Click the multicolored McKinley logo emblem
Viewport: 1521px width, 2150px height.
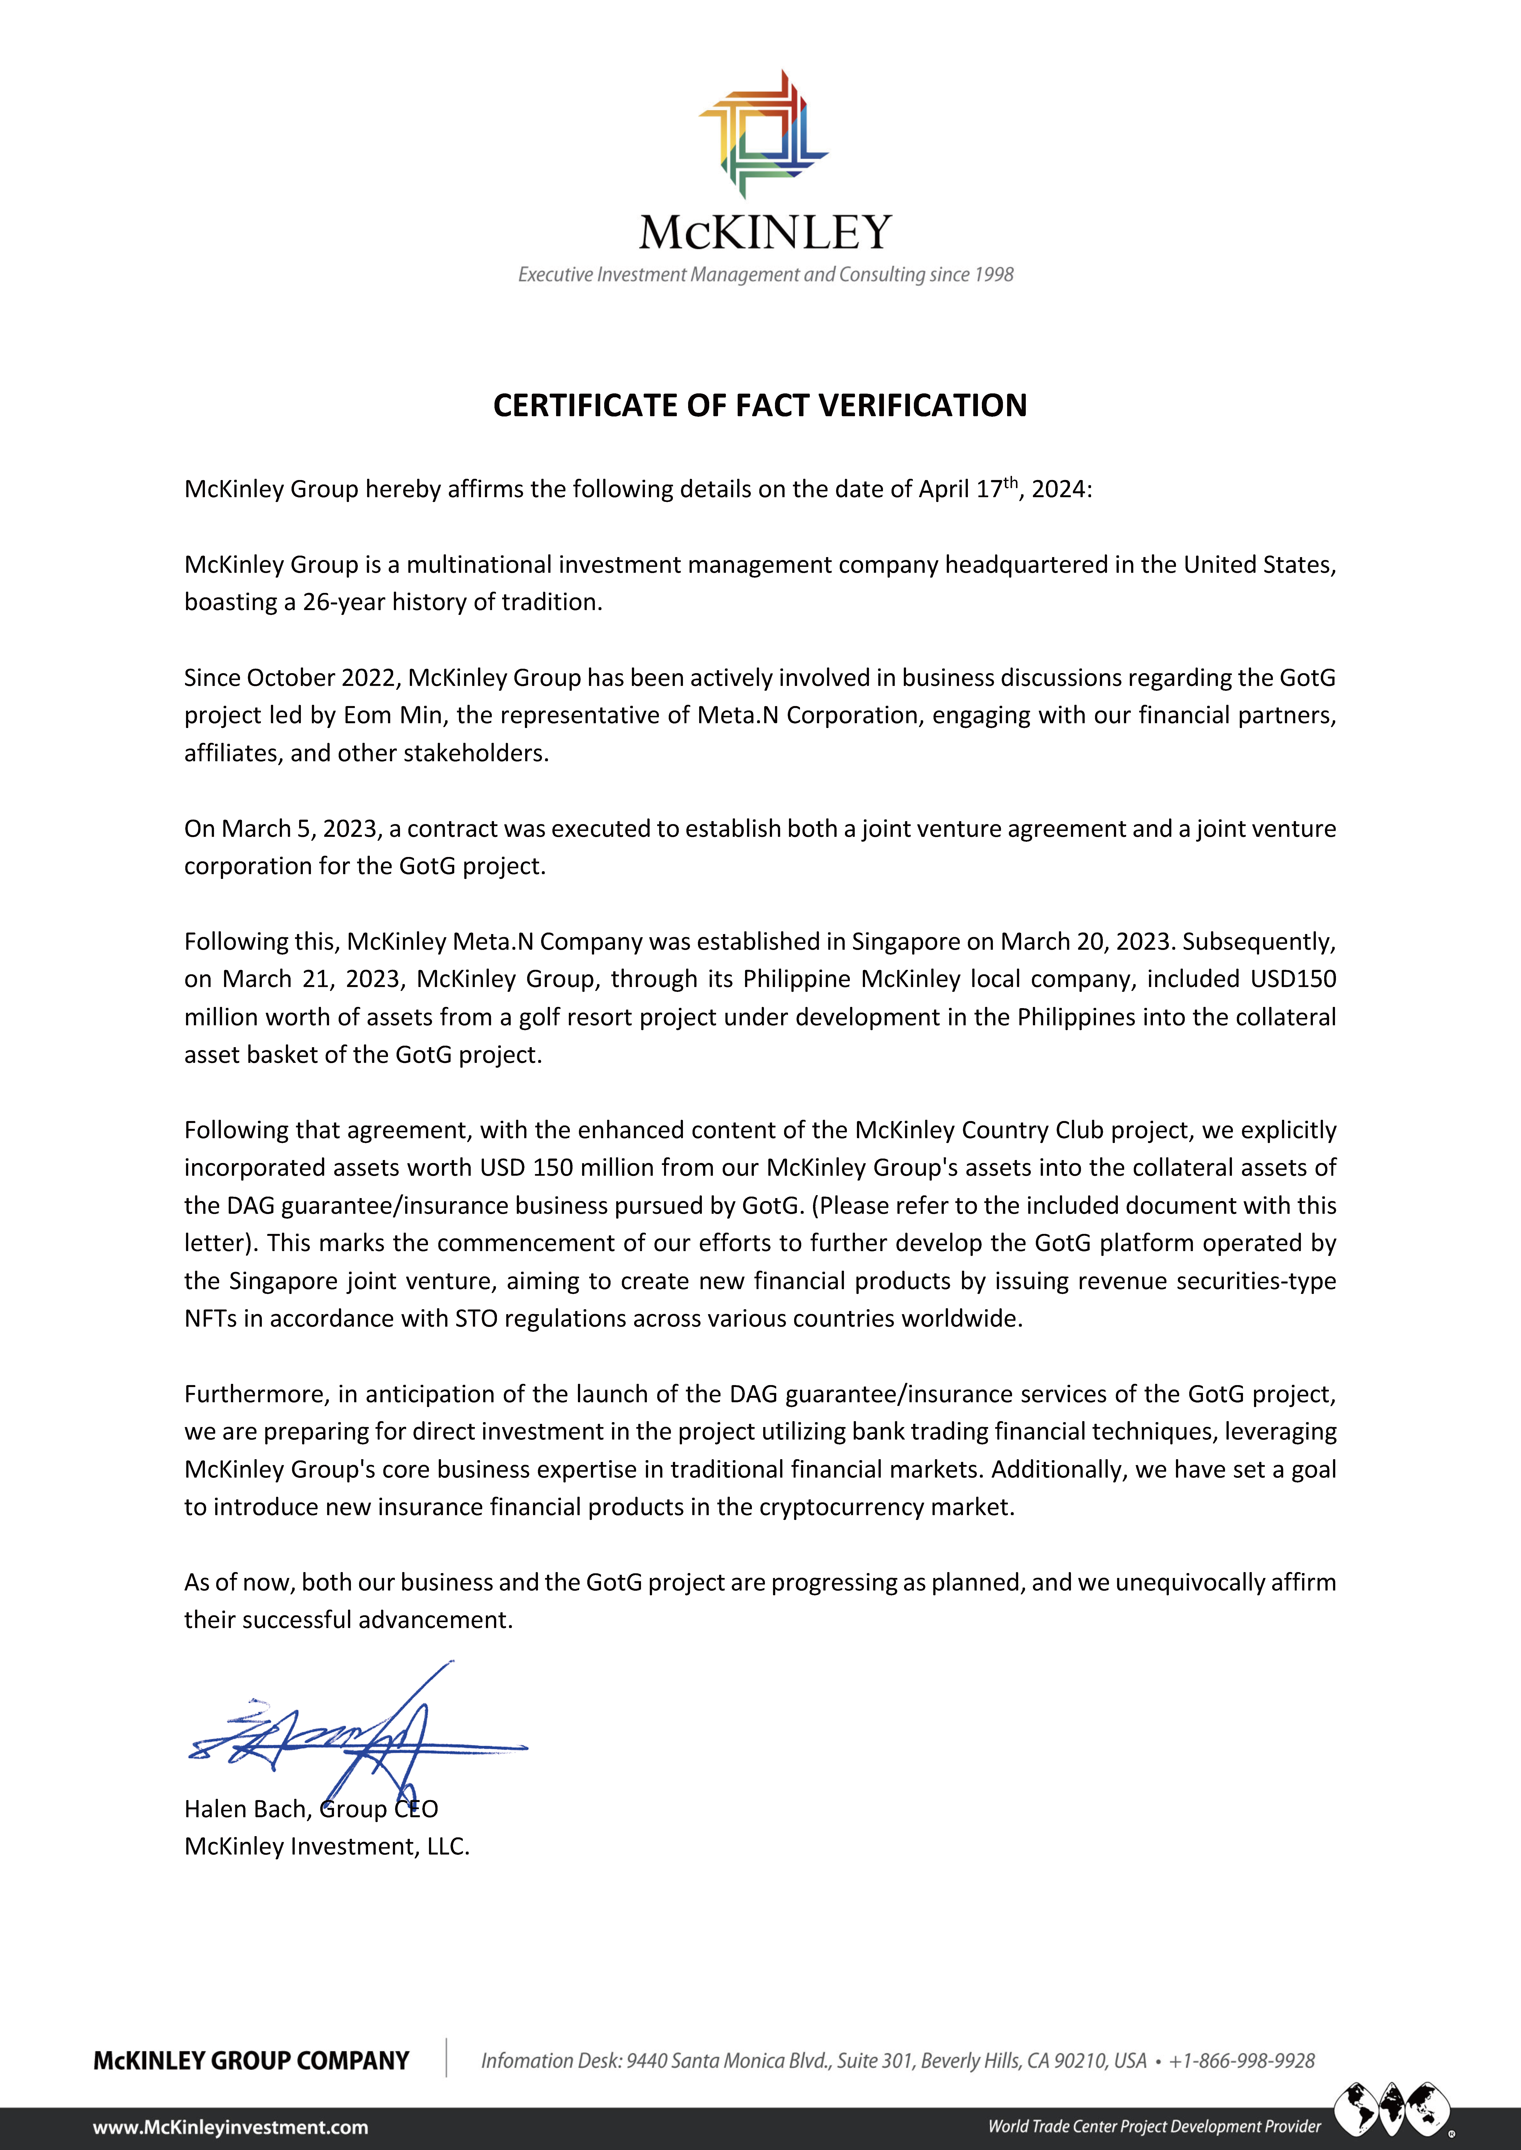(x=763, y=134)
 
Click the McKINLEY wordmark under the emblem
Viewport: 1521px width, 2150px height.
(x=765, y=232)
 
